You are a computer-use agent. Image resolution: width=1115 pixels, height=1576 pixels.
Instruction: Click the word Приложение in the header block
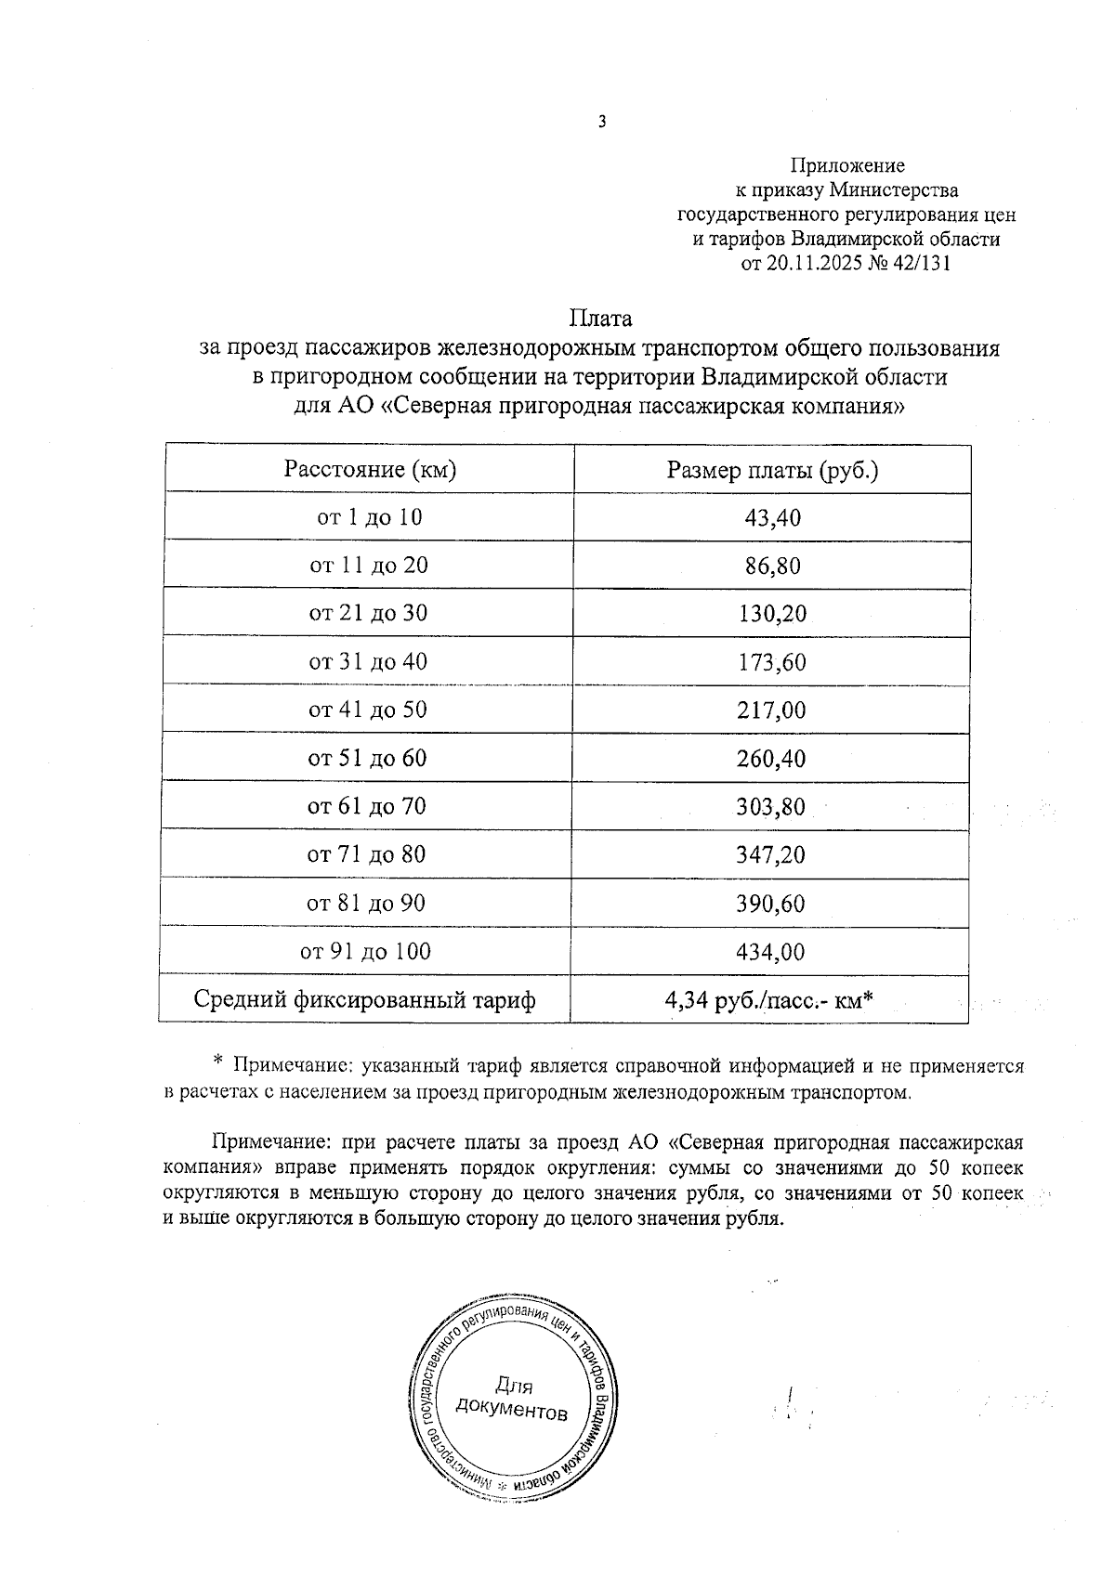click(846, 166)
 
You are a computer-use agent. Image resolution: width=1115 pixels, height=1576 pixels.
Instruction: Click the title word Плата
click(600, 319)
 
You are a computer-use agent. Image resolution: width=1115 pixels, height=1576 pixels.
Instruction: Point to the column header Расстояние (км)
click(370, 470)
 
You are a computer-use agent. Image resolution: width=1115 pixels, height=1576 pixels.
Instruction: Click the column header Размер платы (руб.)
click(772, 470)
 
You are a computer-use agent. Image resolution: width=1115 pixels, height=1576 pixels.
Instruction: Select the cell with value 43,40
click(772, 518)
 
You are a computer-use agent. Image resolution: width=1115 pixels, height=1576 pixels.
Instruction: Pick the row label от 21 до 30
click(368, 614)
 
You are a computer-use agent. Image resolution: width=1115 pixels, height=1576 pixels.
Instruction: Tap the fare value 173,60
click(771, 663)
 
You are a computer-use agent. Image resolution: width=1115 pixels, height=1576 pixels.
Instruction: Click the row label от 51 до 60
click(367, 759)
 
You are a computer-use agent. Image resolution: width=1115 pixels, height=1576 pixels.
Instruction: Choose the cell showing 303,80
click(770, 807)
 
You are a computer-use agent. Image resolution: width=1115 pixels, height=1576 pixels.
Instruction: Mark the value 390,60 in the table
click(770, 904)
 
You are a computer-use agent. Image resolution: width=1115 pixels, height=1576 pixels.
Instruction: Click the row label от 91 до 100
click(365, 952)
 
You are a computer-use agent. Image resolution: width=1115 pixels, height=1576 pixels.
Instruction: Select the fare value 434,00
click(770, 952)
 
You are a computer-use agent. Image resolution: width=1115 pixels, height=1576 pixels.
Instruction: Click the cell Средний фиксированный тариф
click(364, 1001)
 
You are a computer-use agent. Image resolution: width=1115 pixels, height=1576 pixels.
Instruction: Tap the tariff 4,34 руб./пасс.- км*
click(768, 1001)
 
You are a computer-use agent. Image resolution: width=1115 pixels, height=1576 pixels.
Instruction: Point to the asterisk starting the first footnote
click(218, 1061)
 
